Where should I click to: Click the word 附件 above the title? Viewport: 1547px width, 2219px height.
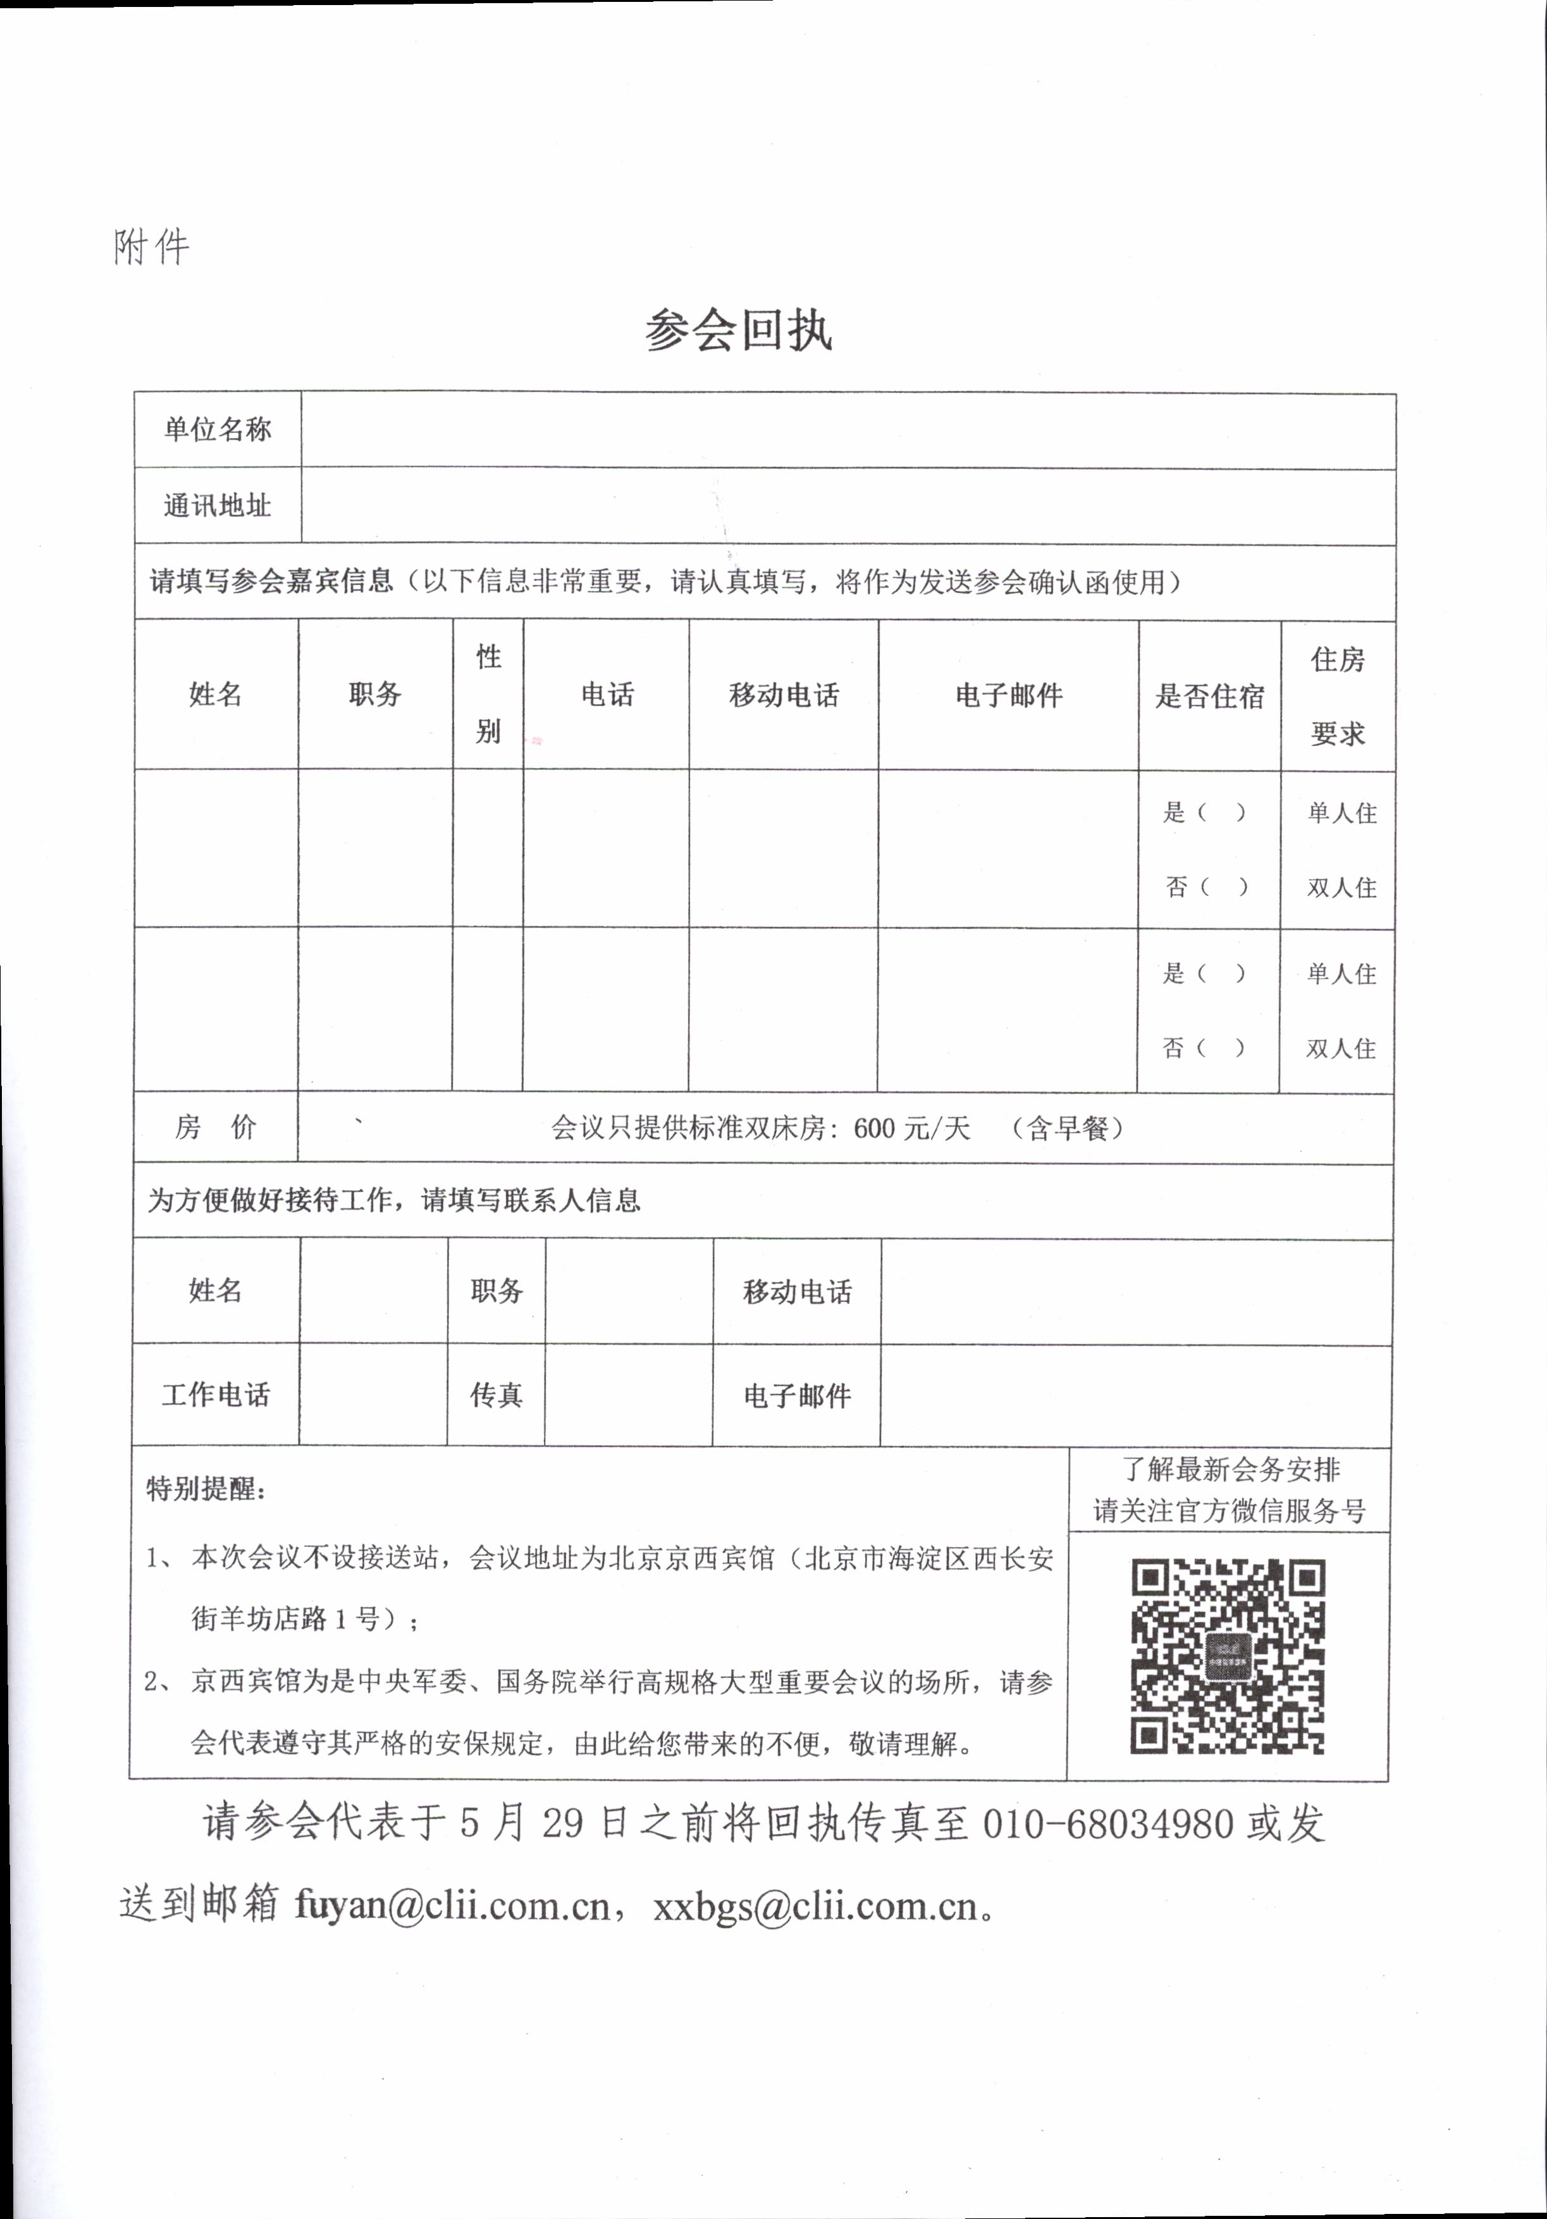(x=152, y=247)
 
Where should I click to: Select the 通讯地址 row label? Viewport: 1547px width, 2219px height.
(x=218, y=506)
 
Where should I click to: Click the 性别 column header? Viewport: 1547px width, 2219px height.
(x=488, y=694)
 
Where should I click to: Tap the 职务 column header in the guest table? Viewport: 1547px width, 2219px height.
(x=375, y=694)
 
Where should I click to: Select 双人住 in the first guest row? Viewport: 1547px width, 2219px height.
(x=1341, y=887)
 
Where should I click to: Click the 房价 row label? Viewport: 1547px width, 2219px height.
(x=216, y=1127)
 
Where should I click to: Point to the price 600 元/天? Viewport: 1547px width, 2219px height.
(x=911, y=1128)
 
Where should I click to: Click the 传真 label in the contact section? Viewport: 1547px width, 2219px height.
(x=496, y=1395)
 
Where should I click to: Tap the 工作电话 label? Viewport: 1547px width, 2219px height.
(x=216, y=1395)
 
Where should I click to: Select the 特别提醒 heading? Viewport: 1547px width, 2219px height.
(x=206, y=1488)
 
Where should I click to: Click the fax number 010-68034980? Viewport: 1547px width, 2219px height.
(x=1107, y=1824)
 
